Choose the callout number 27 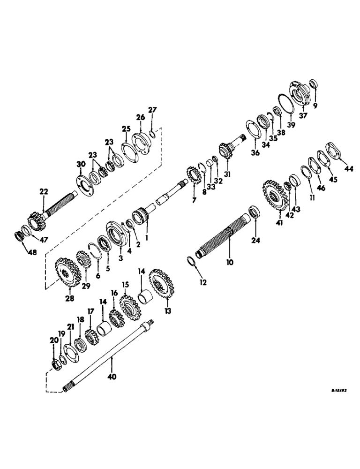pyautogui.click(x=152, y=111)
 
